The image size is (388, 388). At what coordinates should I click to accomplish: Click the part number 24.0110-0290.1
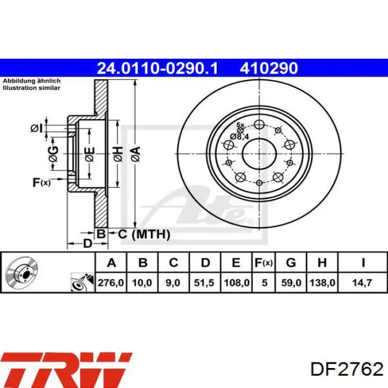pos(157,68)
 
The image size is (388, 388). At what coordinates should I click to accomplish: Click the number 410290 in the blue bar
pos(269,68)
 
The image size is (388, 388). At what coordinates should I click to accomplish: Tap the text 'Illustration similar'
pos(32,88)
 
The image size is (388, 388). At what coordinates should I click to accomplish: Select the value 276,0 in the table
pos(111,283)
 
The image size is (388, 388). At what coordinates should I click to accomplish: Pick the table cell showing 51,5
pos(204,283)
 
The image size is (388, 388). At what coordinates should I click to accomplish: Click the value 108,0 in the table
pos(237,283)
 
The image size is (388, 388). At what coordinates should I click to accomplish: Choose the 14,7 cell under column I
pos(362,283)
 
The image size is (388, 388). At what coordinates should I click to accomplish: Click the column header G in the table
pos(291,263)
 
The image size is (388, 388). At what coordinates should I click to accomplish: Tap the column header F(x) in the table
pos(263,263)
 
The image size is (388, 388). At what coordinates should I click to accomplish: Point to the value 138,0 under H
pos(322,283)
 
